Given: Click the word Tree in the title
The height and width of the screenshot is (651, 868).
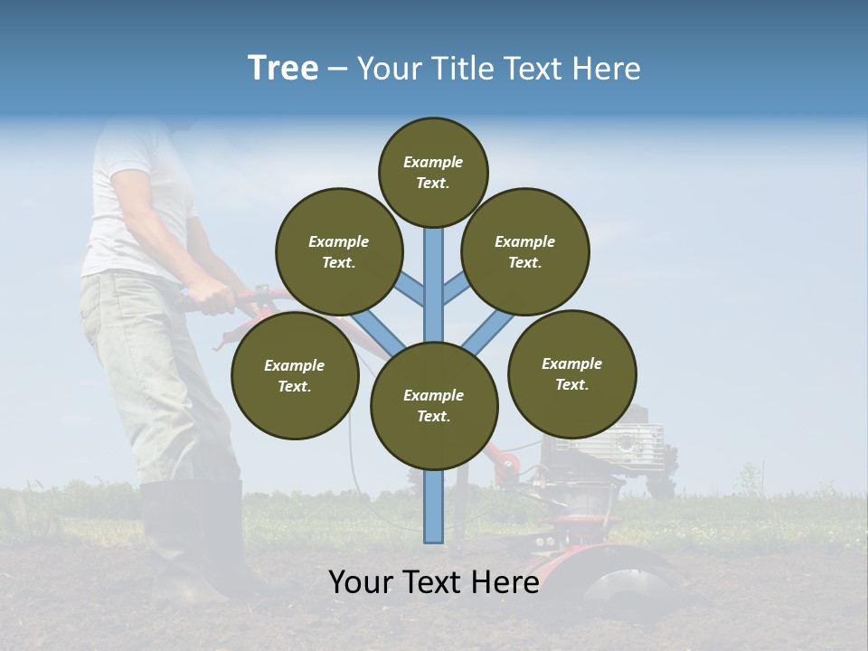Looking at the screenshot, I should point(283,68).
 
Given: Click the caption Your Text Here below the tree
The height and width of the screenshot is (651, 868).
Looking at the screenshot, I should point(434,582).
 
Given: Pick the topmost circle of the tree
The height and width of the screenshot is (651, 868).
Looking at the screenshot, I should point(433,172).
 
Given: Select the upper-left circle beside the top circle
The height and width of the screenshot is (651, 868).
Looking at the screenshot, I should point(338,251).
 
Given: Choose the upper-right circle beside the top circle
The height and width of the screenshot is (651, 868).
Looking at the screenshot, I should point(524,251).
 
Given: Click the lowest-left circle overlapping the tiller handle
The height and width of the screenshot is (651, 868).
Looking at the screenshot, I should point(295,375).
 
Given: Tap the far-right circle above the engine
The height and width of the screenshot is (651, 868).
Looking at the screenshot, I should point(571,373).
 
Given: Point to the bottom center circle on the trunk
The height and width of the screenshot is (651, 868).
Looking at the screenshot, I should point(434,405).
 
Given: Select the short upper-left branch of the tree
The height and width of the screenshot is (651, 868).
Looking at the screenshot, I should point(410,288).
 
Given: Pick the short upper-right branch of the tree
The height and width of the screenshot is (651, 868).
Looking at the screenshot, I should point(457,288).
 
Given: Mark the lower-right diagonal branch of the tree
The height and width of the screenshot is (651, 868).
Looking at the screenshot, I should point(488,331).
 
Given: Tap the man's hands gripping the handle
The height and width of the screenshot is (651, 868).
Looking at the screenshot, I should point(211,297).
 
